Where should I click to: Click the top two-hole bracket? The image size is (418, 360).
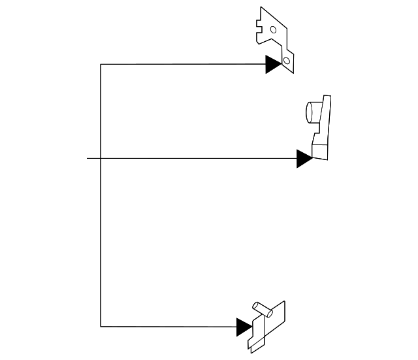coord(274,36)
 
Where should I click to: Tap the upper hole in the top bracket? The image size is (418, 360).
coord(273,29)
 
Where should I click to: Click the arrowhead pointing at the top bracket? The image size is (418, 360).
coord(273,64)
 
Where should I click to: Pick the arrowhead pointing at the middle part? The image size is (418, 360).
coord(304,158)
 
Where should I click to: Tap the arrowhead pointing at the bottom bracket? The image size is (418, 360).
coord(244,326)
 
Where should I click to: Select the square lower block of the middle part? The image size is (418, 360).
coord(321,149)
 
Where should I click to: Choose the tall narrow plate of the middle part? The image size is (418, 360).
coord(325,118)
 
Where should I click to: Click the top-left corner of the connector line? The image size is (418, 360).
coord(101,64)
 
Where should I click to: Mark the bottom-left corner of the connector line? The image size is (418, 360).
coord(101,326)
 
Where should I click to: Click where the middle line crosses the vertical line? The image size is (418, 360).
coord(101,158)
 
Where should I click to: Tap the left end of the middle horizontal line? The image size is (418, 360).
coord(88,158)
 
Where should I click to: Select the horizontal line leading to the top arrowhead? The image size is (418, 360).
coord(183,64)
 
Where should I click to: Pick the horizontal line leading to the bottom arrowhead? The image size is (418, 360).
coord(170,326)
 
